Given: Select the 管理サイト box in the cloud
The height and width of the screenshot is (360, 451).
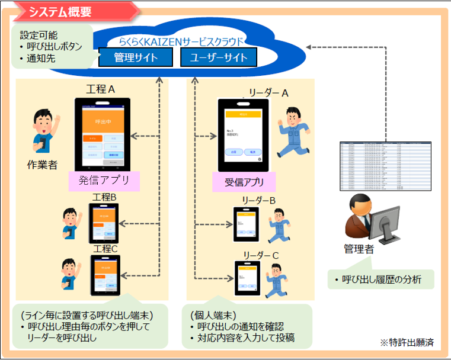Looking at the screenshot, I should point(136,57).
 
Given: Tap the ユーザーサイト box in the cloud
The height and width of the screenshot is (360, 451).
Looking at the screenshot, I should point(219,57).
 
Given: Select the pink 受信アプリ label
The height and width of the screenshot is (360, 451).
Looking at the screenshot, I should point(244,182).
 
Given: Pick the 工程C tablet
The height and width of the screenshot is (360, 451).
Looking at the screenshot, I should point(105,275).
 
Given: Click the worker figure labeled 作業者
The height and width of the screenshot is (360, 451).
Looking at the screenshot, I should point(42,131).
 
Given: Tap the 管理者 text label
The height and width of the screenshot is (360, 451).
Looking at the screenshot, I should point(359,249).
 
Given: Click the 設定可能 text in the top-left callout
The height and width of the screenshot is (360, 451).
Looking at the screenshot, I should point(39,35).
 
